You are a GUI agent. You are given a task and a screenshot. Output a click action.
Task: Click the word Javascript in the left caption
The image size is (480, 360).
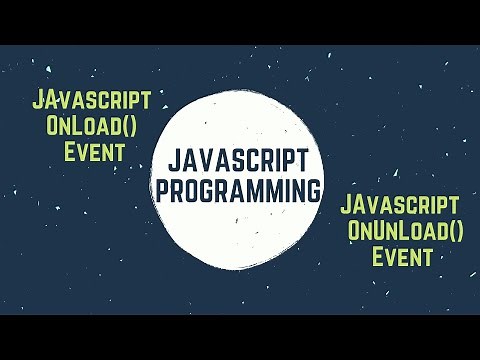point(91,100)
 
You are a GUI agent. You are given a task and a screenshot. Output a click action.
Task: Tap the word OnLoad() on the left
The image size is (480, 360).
point(94,126)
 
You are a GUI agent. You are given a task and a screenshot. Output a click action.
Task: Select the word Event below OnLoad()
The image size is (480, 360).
point(93,152)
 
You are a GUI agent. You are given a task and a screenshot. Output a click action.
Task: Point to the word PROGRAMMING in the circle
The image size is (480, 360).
point(239,190)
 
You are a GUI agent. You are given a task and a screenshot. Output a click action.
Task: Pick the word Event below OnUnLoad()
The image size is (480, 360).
point(403,257)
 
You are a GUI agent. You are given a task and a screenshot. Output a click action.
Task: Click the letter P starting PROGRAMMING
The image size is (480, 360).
point(163,190)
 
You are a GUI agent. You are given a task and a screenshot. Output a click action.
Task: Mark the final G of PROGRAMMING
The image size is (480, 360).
point(314,190)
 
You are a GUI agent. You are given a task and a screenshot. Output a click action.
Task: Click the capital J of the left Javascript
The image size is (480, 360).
point(39,100)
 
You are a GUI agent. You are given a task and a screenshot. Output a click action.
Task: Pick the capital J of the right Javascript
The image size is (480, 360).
point(348,205)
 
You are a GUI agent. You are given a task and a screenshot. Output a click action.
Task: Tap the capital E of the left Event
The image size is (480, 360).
point(69,152)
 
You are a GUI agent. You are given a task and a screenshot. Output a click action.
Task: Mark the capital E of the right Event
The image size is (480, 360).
point(379,257)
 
